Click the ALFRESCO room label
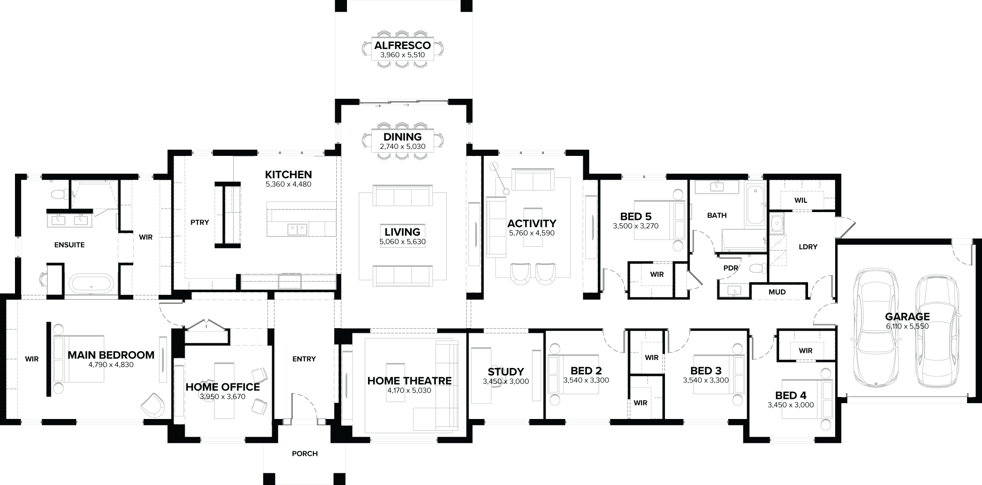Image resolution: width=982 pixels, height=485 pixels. click(x=402, y=45)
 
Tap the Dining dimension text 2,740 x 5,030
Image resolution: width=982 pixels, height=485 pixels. click(x=402, y=147)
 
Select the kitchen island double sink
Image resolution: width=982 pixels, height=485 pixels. click(x=297, y=229)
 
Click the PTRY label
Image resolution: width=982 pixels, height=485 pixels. click(x=200, y=222)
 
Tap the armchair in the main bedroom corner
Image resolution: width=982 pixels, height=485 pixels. click(x=153, y=404)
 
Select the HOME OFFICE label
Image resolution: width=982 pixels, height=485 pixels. click(x=223, y=387)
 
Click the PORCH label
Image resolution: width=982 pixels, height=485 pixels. click(x=304, y=454)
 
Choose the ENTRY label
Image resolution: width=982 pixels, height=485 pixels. click(x=304, y=359)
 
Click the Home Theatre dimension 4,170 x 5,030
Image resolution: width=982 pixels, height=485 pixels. click(x=409, y=390)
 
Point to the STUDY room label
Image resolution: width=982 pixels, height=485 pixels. click(x=505, y=372)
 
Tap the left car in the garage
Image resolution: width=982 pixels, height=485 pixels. click(x=875, y=328)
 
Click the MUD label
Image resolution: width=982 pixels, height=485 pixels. click(x=777, y=292)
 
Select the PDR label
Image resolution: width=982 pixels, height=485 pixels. click(x=730, y=268)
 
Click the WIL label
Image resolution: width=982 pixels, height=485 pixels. click(x=801, y=200)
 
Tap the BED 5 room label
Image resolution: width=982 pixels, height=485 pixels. click(x=635, y=216)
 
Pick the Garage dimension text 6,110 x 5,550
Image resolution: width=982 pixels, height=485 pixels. click(x=907, y=326)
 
